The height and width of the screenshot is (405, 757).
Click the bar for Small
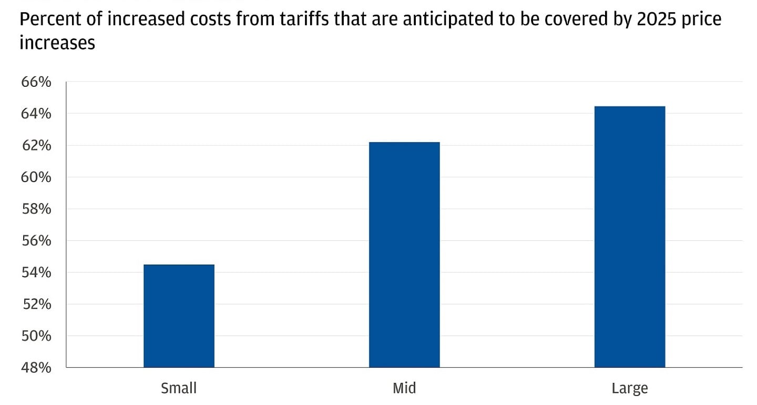[179, 316]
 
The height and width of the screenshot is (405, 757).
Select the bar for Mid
[404, 255]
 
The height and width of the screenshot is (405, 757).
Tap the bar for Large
[629, 237]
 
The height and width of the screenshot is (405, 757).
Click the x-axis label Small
[179, 389]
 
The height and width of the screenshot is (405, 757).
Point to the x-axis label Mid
[404, 389]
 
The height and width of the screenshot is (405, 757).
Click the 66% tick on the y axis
[36, 83]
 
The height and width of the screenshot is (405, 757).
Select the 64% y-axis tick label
[36, 114]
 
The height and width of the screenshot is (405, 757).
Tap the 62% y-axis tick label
[36, 146]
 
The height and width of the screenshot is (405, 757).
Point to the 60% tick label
[36, 178]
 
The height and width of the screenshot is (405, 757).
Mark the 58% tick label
[36, 209]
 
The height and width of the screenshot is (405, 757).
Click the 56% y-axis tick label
[36, 241]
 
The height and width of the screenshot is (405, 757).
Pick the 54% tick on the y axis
[36, 273]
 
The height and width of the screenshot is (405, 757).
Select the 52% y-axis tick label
[36, 305]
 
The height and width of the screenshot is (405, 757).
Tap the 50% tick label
[36, 336]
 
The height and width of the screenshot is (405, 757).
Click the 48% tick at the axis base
[36, 368]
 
